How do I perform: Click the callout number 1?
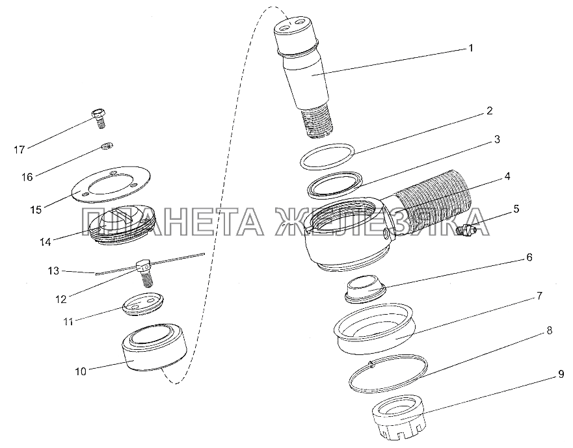[471, 48]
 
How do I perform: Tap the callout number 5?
[516, 209]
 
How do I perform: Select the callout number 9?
[561, 374]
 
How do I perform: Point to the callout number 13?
[53, 270]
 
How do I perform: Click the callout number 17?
[20, 150]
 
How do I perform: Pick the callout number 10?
[81, 372]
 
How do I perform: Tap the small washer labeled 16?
[107, 146]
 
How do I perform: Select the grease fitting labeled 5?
[466, 230]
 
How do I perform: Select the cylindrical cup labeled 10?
[154, 347]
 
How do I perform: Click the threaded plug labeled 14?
[122, 226]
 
